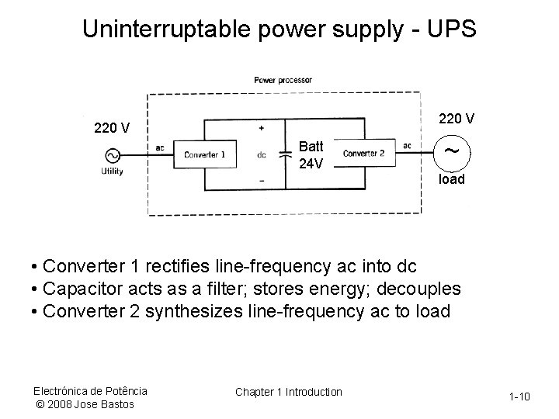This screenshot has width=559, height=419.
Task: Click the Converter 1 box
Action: tap(204, 154)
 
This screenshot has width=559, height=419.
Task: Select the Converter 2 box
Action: tap(363, 154)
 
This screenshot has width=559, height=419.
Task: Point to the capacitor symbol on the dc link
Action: tap(286, 154)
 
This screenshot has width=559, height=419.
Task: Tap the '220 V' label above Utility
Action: tap(112, 126)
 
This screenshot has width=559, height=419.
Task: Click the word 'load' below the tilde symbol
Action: tap(452, 179)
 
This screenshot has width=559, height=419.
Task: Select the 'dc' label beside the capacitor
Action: tap(262, 154)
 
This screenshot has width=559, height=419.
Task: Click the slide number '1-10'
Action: tap(519, 397)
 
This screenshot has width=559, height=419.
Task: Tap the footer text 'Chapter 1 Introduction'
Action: tap(288, 392)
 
